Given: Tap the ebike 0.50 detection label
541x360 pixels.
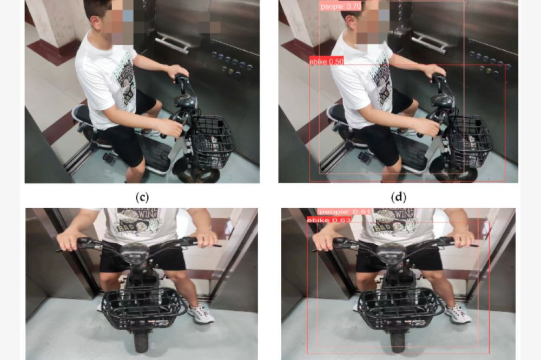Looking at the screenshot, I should (326, 62).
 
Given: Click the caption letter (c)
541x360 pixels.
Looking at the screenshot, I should (141, 196).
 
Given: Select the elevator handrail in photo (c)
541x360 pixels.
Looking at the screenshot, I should (172, 43).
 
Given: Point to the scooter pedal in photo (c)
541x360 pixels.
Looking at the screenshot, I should (110, 158).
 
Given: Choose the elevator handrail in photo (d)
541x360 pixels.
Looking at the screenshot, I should (427, 43).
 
